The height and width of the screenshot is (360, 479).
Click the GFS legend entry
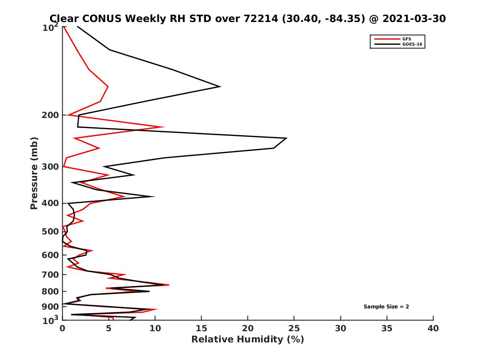coord(405,39)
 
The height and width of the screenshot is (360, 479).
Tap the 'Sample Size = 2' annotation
coord(386,307)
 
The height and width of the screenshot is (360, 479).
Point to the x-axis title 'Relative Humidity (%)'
coord(247,340)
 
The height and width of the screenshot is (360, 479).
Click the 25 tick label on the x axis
coord(294,328)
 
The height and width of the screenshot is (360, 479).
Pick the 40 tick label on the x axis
coord(433,328)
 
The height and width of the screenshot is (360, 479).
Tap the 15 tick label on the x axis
coord(202,328)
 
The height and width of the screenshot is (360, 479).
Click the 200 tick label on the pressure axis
coord(51,115)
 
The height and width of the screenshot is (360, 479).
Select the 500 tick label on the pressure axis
coord(51,232)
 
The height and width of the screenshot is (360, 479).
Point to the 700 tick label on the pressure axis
coord(51,275)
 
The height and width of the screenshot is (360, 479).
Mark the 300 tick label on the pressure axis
coord(51,166)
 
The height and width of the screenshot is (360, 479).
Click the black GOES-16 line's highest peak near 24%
coord(286,138)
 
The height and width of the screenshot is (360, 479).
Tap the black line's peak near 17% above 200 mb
coord(220,86)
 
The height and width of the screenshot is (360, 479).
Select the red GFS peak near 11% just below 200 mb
coord(163,127)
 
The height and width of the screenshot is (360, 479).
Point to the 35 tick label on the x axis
coord(387,328)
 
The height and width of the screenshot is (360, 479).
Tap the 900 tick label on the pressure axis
coord(51,307)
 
